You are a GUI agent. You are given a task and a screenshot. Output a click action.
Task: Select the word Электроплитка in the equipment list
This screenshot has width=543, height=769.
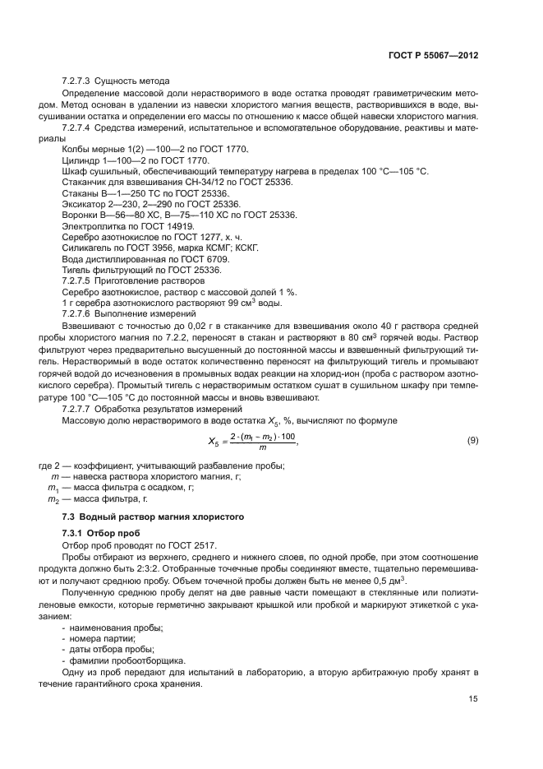90,225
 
